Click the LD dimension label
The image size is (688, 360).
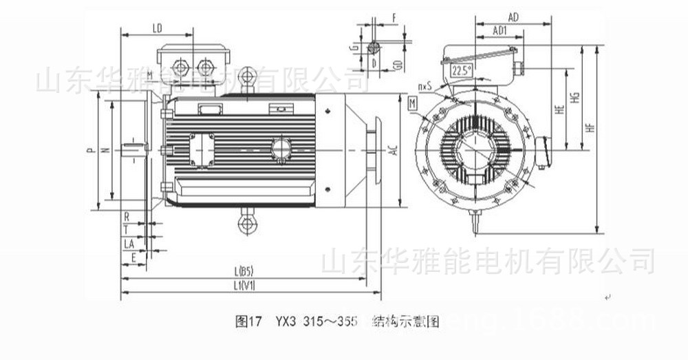coord(156,28)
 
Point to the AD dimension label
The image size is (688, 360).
coord(513,16)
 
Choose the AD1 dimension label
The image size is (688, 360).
coord(500,30)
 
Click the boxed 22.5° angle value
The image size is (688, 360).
coord(461,71)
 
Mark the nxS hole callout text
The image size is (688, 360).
coord(424,87)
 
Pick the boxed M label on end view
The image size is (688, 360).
coord(412,103)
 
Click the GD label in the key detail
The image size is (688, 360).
coord(398,64)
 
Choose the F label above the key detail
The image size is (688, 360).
coord(394,15)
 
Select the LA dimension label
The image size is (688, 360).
coord(128,244)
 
